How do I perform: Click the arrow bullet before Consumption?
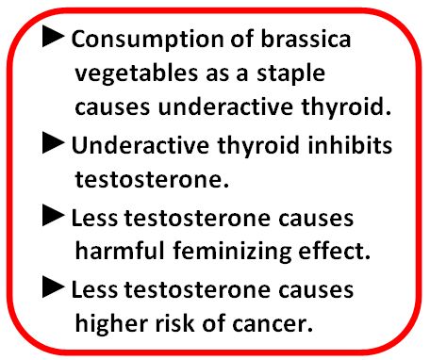[55, 39]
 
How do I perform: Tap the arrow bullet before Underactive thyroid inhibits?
[55, 144]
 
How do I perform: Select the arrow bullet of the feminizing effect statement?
[55, 217]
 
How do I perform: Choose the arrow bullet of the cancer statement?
[55, 288]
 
